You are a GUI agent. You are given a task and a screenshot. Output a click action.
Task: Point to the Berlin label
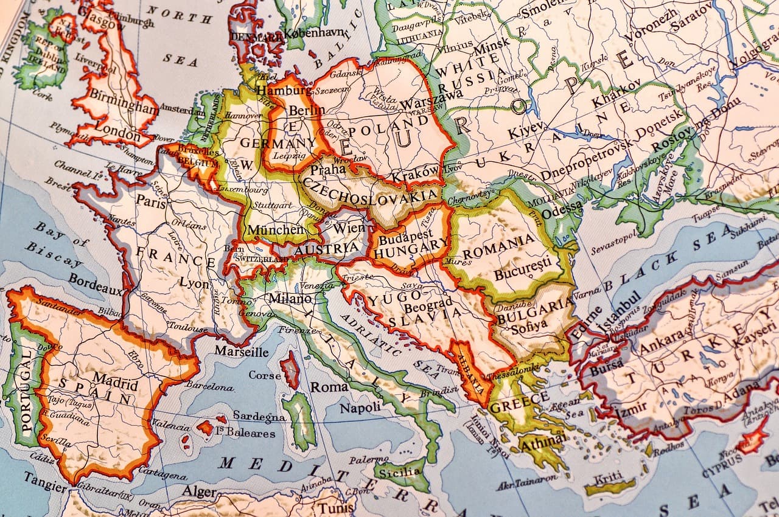(x=307, y=111)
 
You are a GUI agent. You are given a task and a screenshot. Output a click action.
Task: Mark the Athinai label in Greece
(x=542, y=440)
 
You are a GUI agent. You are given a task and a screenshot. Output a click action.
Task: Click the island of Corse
(x=290, y=370)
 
